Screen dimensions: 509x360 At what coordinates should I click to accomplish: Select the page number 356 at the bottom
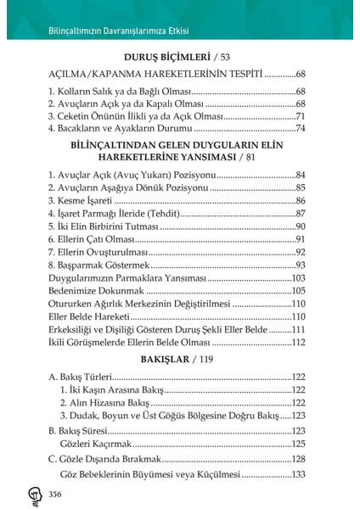pos(56,494)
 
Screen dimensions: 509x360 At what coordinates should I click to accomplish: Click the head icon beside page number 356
pos(31,494)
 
